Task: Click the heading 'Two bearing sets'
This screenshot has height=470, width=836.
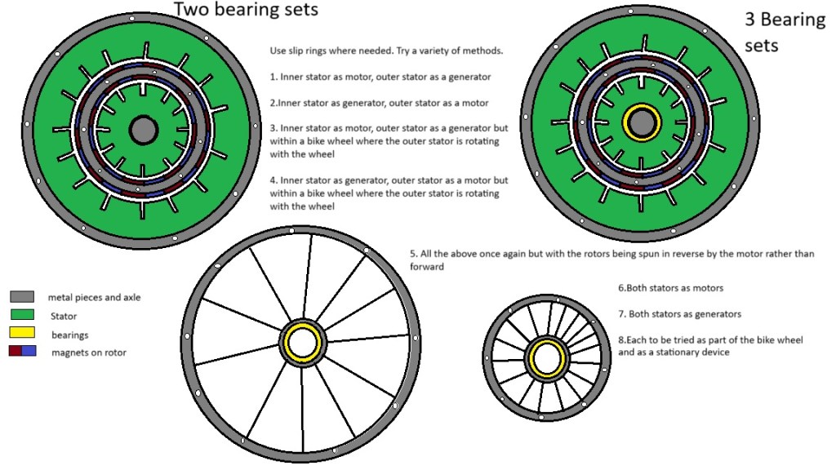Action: coord(246,10)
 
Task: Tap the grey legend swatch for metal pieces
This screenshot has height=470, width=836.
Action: coord(22,297)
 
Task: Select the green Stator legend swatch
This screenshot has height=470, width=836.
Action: coord(22,315)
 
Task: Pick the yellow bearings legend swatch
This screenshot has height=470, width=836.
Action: coord(22,334)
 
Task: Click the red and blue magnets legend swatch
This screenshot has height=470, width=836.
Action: coord(22,352)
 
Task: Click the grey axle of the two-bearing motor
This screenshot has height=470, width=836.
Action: coord(143,129)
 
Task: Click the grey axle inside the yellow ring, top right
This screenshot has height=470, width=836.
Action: coord(643,122)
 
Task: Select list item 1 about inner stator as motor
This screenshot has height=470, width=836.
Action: coord(380,77)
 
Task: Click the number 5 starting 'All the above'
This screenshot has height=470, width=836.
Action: coord(413,254)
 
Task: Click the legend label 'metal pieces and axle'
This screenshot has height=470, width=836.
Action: coord(94,297)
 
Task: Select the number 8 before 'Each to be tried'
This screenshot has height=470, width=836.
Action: coord(620,339)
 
